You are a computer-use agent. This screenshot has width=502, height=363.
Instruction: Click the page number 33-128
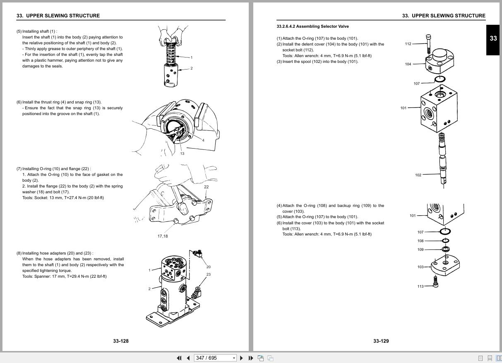coord(121,341)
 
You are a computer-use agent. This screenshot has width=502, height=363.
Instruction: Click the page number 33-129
coord(381,341)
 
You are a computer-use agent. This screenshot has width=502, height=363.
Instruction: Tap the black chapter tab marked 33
coord(493,38)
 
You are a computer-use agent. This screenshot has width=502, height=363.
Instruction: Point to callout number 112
coord(408,44)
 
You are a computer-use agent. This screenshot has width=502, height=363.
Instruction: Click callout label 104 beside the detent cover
coord(408,64)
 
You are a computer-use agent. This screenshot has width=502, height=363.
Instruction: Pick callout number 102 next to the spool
coord(418,175)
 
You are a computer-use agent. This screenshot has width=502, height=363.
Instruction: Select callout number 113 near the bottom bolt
coord(420,286)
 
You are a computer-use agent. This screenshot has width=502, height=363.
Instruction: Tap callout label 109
coord(420,250)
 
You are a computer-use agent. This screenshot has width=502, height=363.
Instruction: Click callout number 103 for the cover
coord(420,267)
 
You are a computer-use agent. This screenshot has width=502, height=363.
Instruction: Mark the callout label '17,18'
coord(163,236)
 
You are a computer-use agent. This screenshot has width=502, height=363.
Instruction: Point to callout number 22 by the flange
coord(206,187)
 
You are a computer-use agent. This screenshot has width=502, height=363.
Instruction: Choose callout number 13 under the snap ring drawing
coord(182,154)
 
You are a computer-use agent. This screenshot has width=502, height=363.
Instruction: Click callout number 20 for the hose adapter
coord(208,267)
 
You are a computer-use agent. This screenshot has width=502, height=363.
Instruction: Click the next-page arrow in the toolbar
coord(242,358)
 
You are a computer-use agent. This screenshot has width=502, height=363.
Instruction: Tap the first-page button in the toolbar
coord(179,358)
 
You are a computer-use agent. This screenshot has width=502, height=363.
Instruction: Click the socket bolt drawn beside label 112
coord(428,42)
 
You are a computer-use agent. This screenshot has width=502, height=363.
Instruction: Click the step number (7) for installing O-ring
coord(19,169)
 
